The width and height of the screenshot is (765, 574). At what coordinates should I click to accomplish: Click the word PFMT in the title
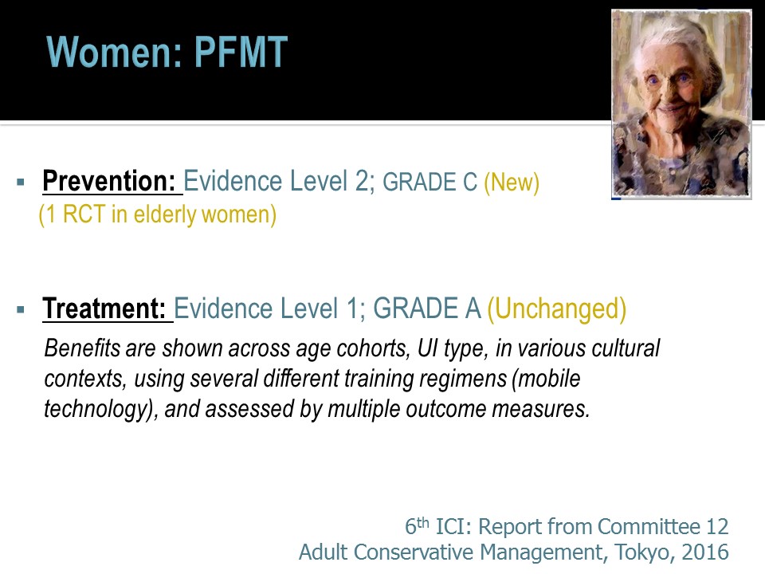(x=241, y=52)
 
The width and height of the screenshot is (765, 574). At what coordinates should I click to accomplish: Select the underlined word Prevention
(x=109, y=181)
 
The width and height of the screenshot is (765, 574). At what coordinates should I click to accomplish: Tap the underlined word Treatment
(x=104, y=309)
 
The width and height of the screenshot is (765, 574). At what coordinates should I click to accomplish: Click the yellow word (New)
(x=512, y=182)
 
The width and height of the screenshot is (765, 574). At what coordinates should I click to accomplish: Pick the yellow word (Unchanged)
(x=557, y=309)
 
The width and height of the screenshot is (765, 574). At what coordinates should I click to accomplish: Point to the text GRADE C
(x=430, y=182)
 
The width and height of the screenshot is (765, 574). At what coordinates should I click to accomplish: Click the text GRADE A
(x=427, y=309)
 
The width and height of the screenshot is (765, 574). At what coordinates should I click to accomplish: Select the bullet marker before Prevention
(x=21, y=183)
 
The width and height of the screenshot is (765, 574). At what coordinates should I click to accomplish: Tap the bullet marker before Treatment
(x=21, y=309)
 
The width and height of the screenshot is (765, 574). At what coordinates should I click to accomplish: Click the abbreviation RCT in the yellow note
(x=84, y=214)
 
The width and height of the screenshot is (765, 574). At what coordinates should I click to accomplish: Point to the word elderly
(x=165, y=215)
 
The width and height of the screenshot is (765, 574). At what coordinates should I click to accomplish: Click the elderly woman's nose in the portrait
(x=669, y=92)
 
